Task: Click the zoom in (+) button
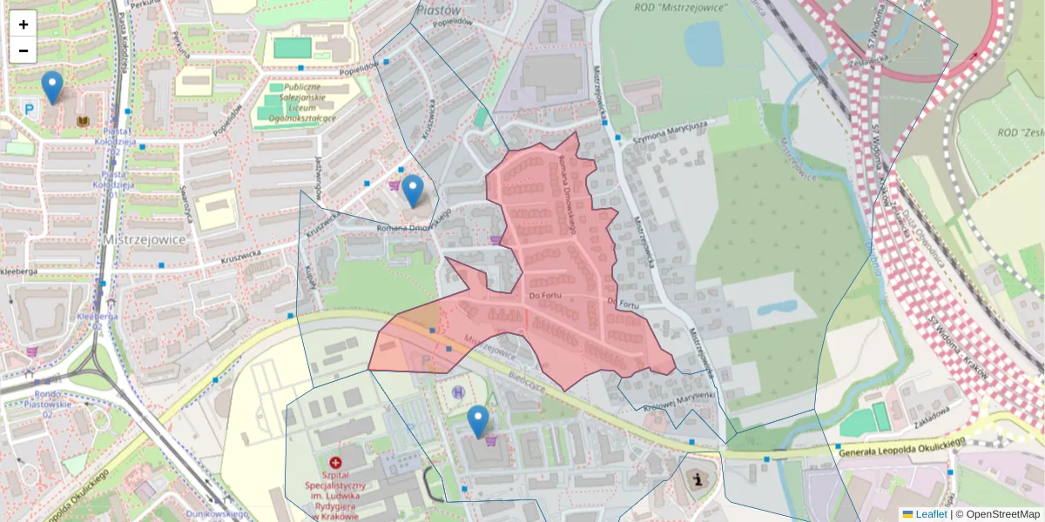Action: click(24, 24)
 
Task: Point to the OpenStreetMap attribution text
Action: click(1001, 514)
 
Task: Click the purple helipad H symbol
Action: click(458, 392)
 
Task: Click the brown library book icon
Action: click(84, 121)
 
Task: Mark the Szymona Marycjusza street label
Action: click(668, 128)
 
